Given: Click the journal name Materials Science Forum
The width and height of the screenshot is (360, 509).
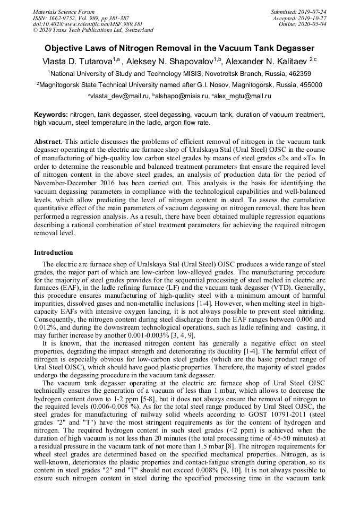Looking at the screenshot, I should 64,11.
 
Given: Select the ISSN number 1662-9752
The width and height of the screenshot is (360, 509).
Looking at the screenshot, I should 64,18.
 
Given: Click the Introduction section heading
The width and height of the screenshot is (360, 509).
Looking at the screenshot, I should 54,252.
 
